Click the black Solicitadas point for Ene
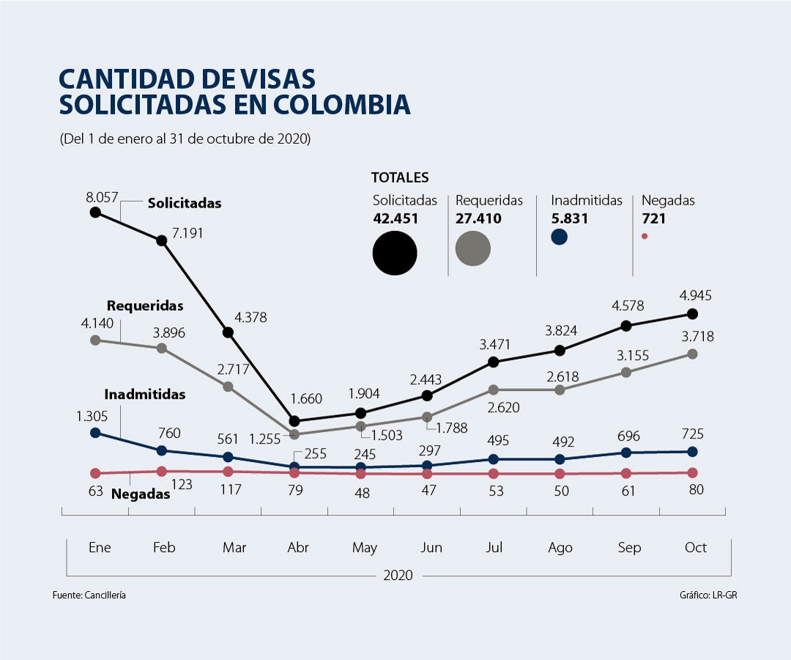coord(95,212)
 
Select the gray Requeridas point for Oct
coord(692,353)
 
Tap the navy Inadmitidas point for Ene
coord(95,433)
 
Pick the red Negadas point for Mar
coord(228,472)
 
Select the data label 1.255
coord(264,439)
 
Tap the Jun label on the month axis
coord(431,548)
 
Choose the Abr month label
coord(298,548)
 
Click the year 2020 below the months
coord(398,575)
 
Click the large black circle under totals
coord(395,253)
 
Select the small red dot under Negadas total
coord(645,236)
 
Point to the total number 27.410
coord(478,219)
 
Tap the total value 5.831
coord(570,219)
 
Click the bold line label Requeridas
coord(145,305)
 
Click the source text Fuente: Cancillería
coord(89,595)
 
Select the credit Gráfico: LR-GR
coord(708,595)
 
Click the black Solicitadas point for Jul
coord(494,362)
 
